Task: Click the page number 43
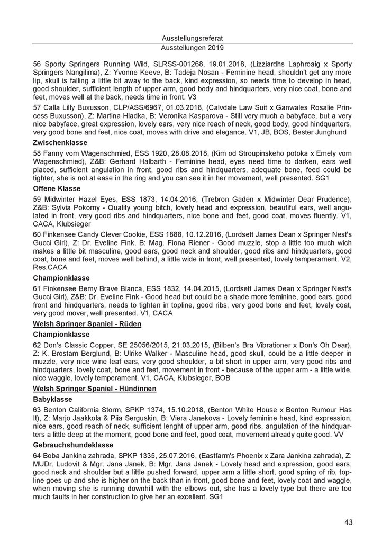pos(348,522)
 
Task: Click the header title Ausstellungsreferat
pos(190,38)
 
